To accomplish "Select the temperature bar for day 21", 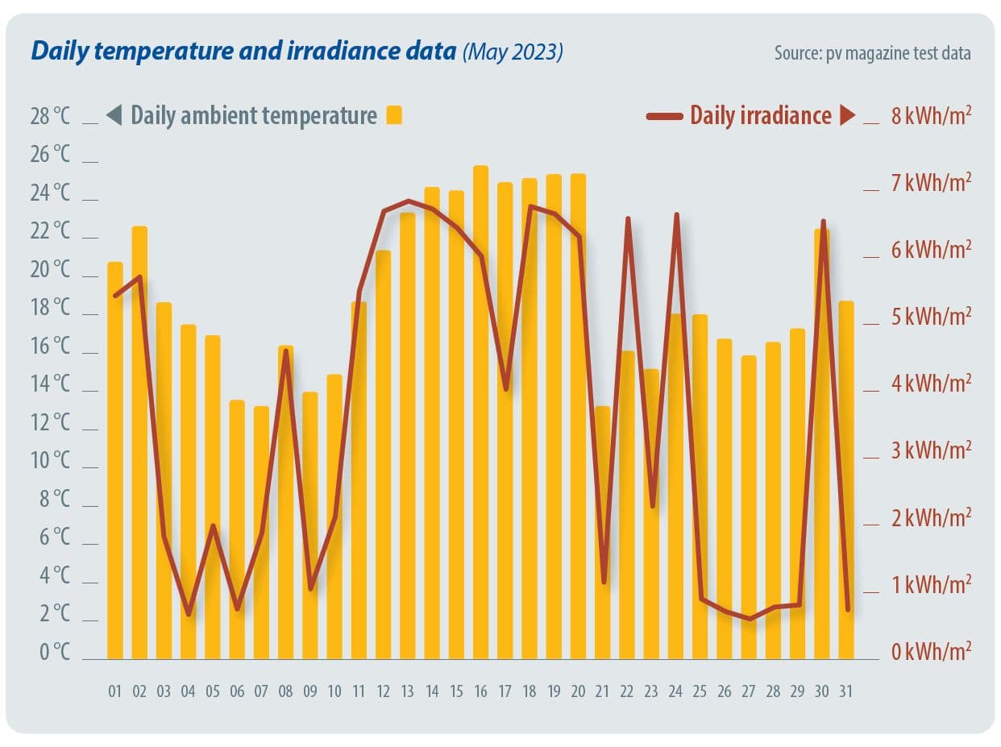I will click(x=603, y=533).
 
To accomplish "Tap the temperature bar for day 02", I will click(x=139, y=442).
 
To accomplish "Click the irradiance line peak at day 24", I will click(x=676, y=214).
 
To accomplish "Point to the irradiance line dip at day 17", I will click(x=505, y=389).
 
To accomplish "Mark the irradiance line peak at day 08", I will click(x=286, y=351).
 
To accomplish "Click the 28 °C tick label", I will click(x=50, y=116).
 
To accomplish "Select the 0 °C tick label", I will click(x=54, y=652).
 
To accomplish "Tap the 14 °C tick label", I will click(x=50, y=384).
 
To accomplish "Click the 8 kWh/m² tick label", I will click(x=931, y=116).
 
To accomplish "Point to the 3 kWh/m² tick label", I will click(x=931, y=450).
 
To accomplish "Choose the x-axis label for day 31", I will click(x=846, y=691).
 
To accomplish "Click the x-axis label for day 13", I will click(x=408, y=691).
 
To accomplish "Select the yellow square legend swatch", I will click(x=393, y=115).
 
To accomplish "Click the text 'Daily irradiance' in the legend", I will click(x=760, y=115).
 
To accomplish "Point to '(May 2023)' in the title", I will click(x=513, y=52).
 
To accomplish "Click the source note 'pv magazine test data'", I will click(x=897, y=53).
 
